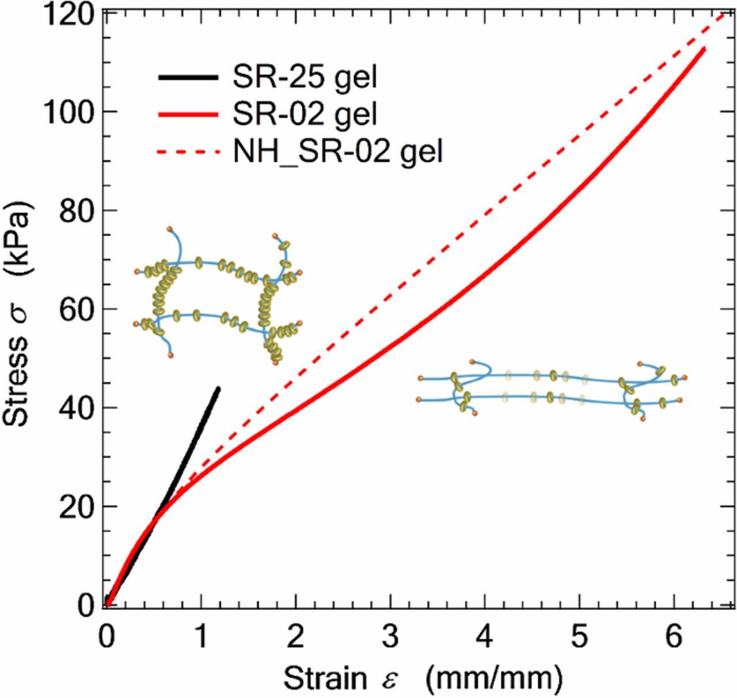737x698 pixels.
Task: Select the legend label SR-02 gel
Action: click(x=305, y=115)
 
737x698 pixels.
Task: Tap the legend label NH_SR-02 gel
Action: click(x=338, y=152)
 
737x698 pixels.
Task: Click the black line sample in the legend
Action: click(x=187, y=77)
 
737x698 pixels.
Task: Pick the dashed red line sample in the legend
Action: click(x=187, y=153)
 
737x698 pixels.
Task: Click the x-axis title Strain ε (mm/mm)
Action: click(x=423, y=678)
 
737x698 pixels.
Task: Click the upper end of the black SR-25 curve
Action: click(x=218, y=389)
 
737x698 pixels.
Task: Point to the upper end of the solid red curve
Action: click(x=704, y=49)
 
